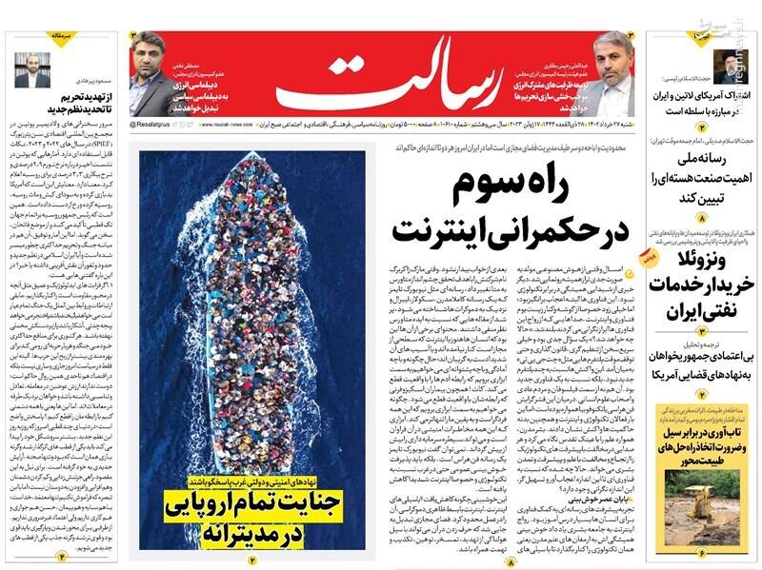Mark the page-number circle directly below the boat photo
pyautogui.click(x=253, y=560)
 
